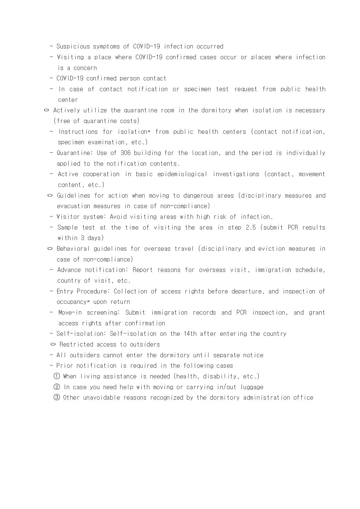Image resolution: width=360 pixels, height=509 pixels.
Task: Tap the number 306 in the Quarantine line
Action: pos(125,153)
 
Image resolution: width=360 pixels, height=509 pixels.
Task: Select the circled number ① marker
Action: pos(57,376)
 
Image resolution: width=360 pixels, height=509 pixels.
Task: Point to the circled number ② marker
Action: pos(57,387)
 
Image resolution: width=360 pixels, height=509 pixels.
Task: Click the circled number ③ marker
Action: pos(57,398)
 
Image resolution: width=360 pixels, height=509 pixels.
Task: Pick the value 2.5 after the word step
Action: pos(251,228)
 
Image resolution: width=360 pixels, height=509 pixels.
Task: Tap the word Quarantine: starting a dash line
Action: pos(74,153)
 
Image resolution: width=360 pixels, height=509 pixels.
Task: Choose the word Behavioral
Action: pos(73,249)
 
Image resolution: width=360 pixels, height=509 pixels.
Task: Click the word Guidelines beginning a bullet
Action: pos(74,196)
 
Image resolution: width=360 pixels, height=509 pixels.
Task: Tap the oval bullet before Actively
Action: pos(46,110)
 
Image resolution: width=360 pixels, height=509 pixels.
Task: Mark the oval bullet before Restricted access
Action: pos(53,344)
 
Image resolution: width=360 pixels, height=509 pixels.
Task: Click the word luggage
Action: pos(252,387)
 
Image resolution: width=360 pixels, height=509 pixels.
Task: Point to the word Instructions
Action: pos(78,132)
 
